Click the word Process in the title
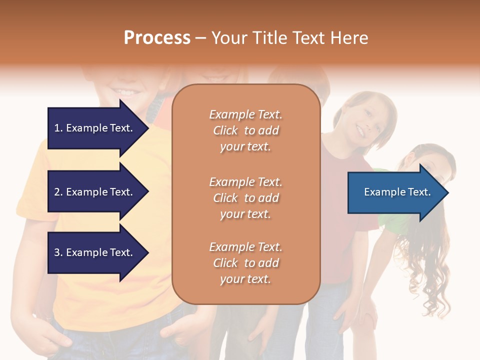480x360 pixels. tap(157, 38)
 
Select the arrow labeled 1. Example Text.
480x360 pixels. tap(95, 128)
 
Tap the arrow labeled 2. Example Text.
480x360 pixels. tap(95, 192)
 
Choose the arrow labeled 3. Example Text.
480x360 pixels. tap(95, 252)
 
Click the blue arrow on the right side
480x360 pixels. tap(395, 192)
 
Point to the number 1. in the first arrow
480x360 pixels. tap(58, 128)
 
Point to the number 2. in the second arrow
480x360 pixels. tap(58, 192)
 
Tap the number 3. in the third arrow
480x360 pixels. tap(58, 252)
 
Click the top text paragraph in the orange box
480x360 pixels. tap(245, 130)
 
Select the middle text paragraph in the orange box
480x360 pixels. tap(245, 198)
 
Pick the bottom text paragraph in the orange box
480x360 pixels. tap(245, 263)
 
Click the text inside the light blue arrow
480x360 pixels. tap(397, 192)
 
